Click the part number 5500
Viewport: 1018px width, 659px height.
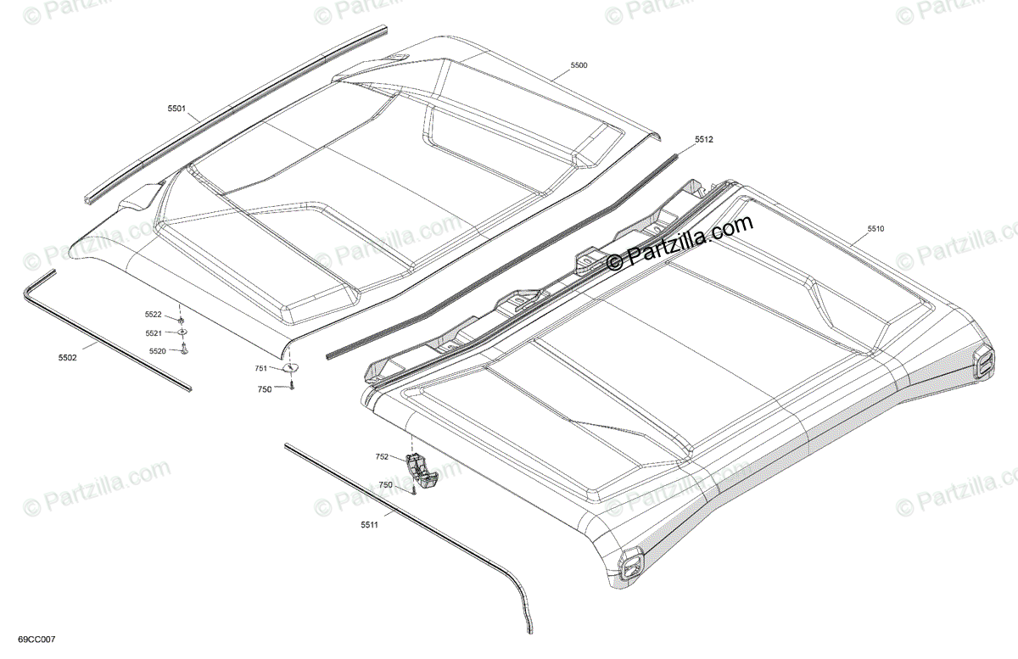pos(579,65)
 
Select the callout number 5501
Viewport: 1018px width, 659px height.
pos(176,109)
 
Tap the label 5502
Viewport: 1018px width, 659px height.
pos(68,358)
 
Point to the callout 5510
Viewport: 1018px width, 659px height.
pos(875,229)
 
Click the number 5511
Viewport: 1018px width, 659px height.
pos(368,526)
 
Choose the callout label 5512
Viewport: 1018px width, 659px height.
pos(704,139)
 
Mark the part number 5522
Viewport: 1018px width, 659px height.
pos(154,316)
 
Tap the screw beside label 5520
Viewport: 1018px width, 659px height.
pos(183,349)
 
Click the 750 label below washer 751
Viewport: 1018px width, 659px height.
pos(266,388)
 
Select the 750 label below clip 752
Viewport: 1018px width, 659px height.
pos(386,484)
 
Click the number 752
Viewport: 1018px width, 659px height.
pos(382,457)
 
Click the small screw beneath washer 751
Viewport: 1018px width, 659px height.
pos(291,386)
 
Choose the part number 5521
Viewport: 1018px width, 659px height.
pos(154,333)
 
